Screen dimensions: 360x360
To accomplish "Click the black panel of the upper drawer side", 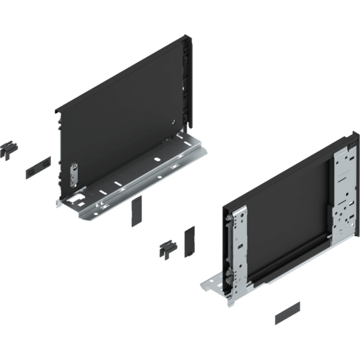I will (x=120, y=114).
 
